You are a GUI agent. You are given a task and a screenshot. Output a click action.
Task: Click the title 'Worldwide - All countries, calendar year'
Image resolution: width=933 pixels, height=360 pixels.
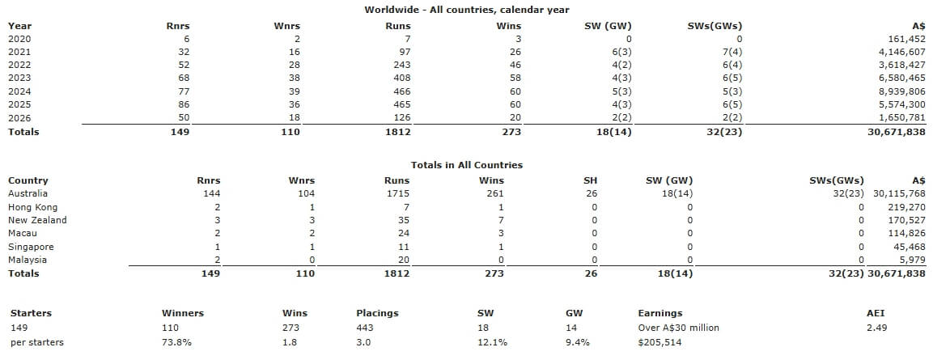click(x=466, y=10)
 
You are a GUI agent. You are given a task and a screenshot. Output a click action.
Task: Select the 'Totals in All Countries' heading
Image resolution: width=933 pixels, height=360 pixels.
click(x=466, y=165)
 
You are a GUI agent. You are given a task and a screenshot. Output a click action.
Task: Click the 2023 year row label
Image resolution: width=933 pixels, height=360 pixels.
click(x=19, y=78)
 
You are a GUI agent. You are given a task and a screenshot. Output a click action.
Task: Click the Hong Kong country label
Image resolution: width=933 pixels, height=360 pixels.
click(x=30, y=207)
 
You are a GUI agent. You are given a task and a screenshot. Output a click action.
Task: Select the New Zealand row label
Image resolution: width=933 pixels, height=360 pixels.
click(x=37, y=220)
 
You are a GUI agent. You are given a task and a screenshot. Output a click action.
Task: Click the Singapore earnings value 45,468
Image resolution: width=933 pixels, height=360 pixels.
click(x=905, y=247)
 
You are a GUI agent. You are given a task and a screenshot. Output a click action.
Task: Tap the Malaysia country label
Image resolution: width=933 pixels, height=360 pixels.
click(x=28, y=260)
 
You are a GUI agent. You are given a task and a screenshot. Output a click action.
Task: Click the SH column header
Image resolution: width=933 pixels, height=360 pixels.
click(x=591, y=180)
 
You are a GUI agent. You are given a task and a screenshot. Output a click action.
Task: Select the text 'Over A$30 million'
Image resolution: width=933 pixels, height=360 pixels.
click(x=678, y=328)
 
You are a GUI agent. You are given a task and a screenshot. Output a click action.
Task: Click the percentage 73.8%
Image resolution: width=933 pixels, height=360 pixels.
click(x=176, y=342)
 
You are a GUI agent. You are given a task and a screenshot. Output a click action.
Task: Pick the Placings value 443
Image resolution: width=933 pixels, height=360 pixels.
click(x=365, y=328)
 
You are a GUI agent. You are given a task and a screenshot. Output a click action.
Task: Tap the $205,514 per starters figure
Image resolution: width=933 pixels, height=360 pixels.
click(x=660, y=342)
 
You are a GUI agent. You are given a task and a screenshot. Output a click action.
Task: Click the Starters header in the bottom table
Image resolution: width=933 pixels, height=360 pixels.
click(x=30, y=313)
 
